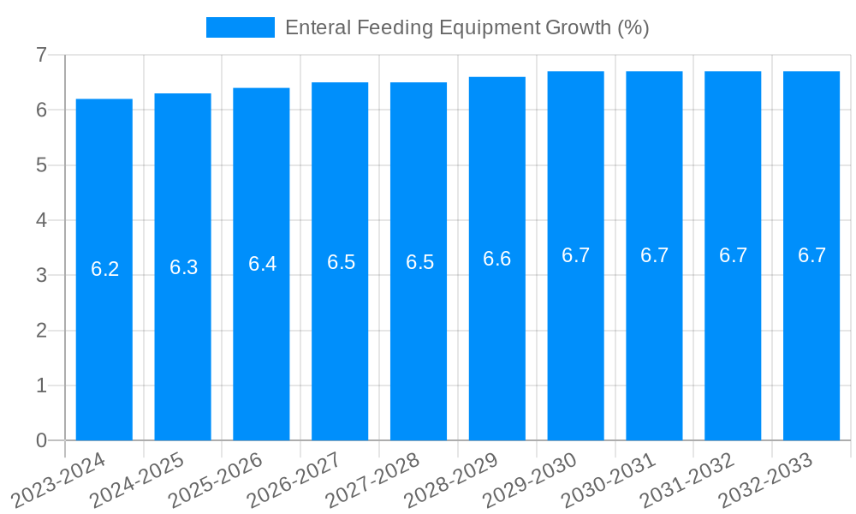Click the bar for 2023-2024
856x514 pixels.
(104, 269)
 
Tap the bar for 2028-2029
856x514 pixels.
(497, 259)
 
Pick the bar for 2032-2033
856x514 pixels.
(811, 255)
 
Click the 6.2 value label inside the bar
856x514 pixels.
(104, 269)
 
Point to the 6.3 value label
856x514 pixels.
(183, 267)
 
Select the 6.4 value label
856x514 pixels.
(262, 264)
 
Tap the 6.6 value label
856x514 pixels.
(497, 259)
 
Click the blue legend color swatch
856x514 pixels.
(241, 27)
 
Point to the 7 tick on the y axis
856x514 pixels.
(41, 55)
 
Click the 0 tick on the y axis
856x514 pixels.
(41, 440)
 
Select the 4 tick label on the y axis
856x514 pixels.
(41, 220)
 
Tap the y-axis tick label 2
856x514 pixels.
(41, 331)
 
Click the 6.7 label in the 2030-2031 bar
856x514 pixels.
(654, 255)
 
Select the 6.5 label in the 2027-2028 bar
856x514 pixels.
(419, 262)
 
